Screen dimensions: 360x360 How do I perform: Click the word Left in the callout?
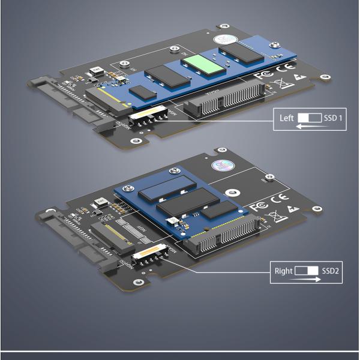286,118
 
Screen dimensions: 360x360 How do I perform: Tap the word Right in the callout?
284,271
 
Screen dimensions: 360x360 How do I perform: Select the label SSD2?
331,271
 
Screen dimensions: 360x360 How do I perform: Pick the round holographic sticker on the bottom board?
218,167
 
